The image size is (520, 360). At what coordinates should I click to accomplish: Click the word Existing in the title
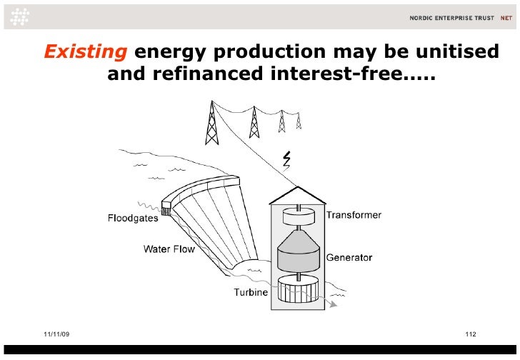[86, 52]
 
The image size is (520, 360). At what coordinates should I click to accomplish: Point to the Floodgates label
[133, 219]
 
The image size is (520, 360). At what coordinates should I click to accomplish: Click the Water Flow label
[168, 249]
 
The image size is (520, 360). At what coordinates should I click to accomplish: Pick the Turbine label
[251, 292]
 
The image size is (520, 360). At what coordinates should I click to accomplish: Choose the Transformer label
[354, 215]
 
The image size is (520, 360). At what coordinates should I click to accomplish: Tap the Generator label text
[349, 257]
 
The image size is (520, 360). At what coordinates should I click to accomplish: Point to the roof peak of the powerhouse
[297, 189]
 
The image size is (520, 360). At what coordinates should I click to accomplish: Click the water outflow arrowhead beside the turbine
[333, 304]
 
